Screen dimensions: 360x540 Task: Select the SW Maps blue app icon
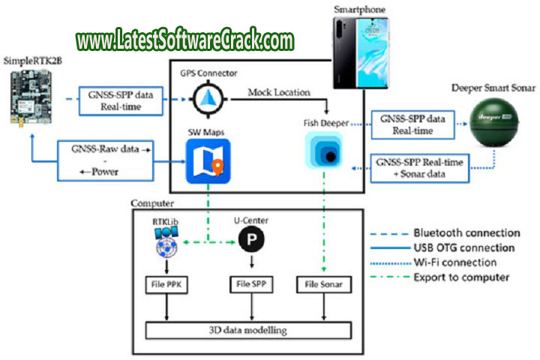(208, 165)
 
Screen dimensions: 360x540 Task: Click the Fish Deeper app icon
(325, 148)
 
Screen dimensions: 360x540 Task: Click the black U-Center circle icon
(249, 240)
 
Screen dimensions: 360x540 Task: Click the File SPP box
(250, 286)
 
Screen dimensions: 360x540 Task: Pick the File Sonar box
(324, 286)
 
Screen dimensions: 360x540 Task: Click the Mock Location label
(280, 93)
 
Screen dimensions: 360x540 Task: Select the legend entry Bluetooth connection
(465, 232)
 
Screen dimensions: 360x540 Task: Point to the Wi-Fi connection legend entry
(454, 262)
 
